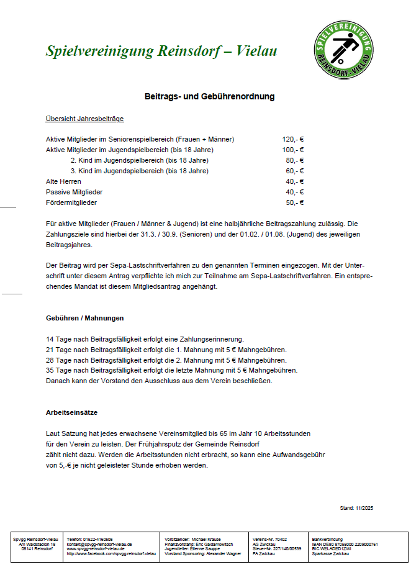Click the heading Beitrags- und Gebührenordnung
coord(209,97)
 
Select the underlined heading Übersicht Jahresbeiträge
coord(84,119)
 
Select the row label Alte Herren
coord(63,181)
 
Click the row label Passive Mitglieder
coord(74,192)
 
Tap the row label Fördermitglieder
coord(71,202)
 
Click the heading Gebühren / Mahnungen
coord(84,318)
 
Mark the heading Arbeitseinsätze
coord(71,412)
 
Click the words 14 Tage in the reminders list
coord(60,339)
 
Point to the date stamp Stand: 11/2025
coord(357,508)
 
